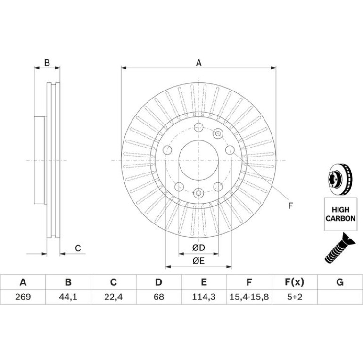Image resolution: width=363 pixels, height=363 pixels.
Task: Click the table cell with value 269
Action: click(x=23, y=297)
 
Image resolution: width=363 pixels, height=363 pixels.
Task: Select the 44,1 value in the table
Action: click(x=68, y=297)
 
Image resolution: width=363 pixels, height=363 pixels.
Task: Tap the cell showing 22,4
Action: click(x=113, y=297)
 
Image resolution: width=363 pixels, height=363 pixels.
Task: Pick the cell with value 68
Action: click(x=158, y=297)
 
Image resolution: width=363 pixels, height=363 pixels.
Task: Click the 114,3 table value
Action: click(x=204, y=297)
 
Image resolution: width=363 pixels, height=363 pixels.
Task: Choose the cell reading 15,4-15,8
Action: click(x=249, y=297)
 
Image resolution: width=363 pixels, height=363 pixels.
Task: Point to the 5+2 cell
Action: click(x=295, y=297)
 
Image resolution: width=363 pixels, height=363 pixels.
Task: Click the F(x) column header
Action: click(x=294, y=282)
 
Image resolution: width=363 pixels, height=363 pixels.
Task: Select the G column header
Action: click(x=339, y=282)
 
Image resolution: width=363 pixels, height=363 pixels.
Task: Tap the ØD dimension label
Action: click(x=198, y=247)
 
